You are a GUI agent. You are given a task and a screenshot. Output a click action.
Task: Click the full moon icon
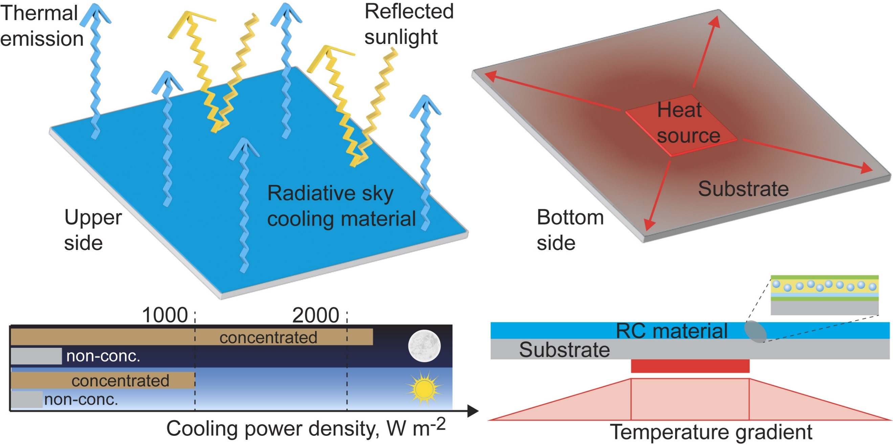pos(424,346)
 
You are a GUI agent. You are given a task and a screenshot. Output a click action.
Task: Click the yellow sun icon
pos(424,388)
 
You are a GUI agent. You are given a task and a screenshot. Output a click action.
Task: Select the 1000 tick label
pos(165,315)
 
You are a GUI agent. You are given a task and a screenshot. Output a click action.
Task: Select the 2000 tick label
pos(315,315)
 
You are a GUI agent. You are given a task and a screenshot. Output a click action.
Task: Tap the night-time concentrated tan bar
pos(192,337)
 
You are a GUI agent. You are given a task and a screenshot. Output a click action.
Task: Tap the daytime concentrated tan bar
pos(103,380)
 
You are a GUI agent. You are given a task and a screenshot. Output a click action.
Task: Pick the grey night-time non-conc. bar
pos(37,356)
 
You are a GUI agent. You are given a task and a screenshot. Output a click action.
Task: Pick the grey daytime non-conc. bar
pos(27,399)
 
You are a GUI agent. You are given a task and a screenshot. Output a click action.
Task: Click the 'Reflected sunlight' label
pos(408,24)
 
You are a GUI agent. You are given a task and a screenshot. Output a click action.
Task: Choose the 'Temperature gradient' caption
pos(711,432)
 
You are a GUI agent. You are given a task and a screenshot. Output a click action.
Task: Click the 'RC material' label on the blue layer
pos(671,331)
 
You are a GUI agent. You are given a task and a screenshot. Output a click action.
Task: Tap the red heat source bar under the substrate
pos(690,366)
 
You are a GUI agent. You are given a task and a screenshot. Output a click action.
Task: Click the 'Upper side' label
pos(92,230)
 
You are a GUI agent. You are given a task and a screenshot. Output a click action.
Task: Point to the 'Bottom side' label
pos(570,230)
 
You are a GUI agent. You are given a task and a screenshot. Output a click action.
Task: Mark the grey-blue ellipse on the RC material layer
pos(755,332)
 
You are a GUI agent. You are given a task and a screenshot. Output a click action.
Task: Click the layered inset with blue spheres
pos(824,295)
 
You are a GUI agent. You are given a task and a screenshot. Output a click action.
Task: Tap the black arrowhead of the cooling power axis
pos(473,411)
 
